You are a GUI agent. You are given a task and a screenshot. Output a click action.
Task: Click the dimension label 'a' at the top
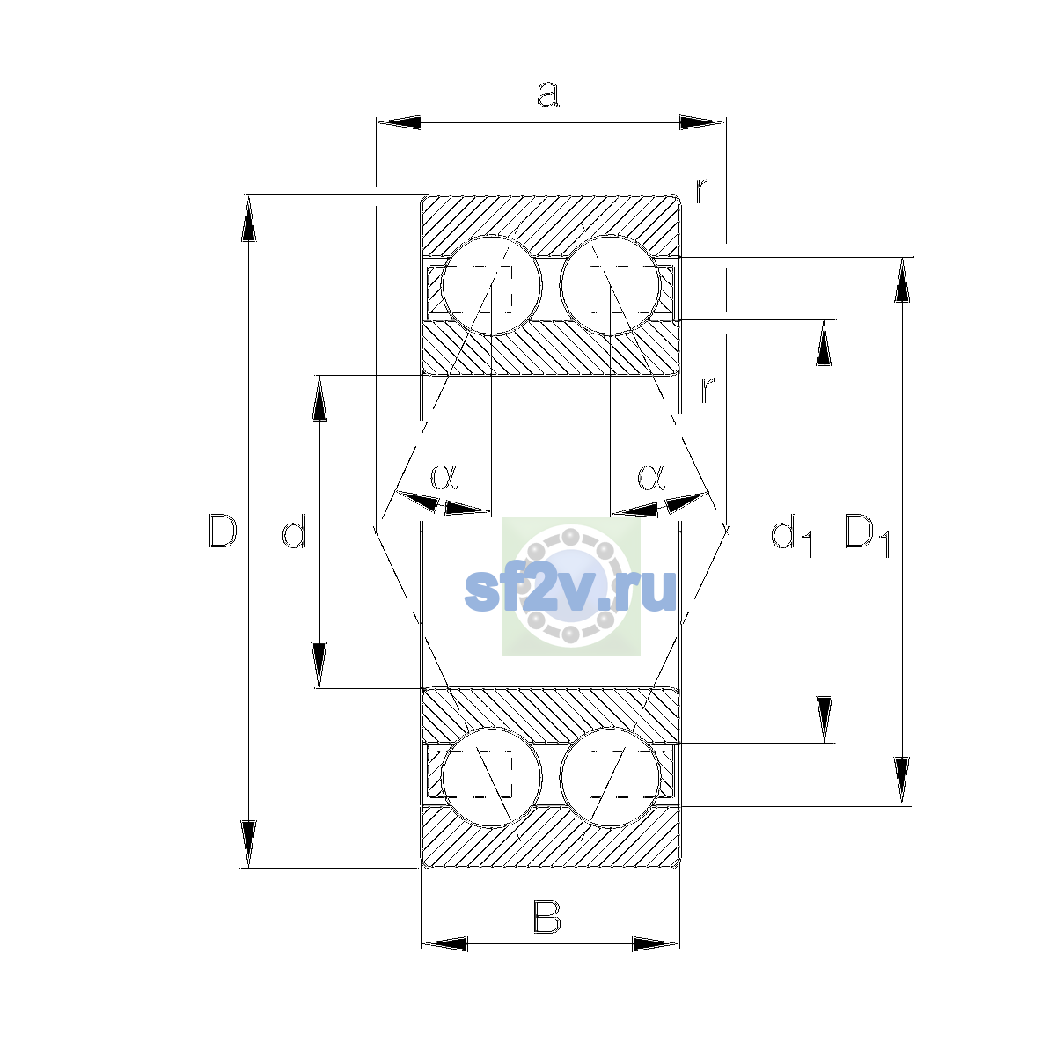pos(547,95)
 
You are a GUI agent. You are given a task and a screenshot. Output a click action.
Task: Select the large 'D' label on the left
pos(223,531)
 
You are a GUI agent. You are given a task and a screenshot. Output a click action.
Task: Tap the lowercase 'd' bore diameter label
pos(294,531)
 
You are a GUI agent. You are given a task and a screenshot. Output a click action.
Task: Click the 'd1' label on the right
pos(791,535)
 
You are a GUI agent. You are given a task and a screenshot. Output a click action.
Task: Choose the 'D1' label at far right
pos(868,535)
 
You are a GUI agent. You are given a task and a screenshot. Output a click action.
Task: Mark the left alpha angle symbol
pos(444,477)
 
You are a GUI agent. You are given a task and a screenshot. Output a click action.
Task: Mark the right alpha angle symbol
pos(651,477)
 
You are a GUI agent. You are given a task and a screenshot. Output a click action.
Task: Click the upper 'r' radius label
pos(702,189)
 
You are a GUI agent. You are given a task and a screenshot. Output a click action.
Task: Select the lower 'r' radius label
pos(708,389)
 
